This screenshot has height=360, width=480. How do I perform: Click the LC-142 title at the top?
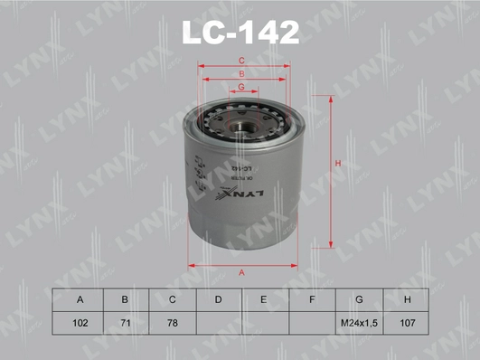tap(240, 33)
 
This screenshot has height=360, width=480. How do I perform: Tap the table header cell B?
tap(126, 299)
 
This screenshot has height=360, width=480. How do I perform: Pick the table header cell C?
tap(172, 299)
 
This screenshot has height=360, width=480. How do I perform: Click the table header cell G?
tap(360, 299)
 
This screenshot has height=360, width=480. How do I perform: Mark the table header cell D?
tap(219, 299)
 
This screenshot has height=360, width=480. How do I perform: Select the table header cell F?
tap(313, 299)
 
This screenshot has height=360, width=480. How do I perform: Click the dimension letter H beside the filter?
tap(335, 164)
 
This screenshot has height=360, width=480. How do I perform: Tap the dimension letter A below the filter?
tap(241, 272)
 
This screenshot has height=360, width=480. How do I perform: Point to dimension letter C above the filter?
tap(241, 61)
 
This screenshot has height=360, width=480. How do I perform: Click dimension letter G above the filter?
tap(241, 86)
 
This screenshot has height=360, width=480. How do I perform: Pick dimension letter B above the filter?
tap(241, 73)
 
